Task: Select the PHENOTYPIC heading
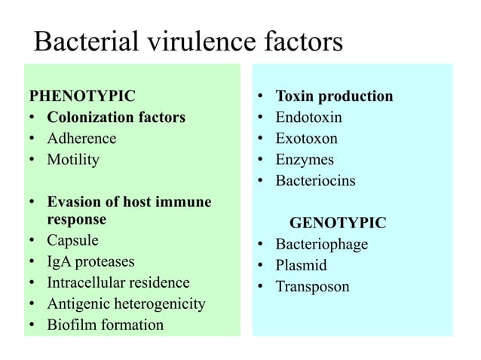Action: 81,96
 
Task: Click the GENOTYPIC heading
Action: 338,223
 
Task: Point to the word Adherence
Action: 81,139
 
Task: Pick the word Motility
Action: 73,160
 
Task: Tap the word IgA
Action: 60,262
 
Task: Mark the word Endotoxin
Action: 308,117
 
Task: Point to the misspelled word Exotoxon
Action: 306,139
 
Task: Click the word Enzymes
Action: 304,160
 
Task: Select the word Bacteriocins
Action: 315,181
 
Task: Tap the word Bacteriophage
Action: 321,245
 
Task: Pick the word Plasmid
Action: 301,266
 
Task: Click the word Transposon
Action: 312,287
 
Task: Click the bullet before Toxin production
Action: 259,97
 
